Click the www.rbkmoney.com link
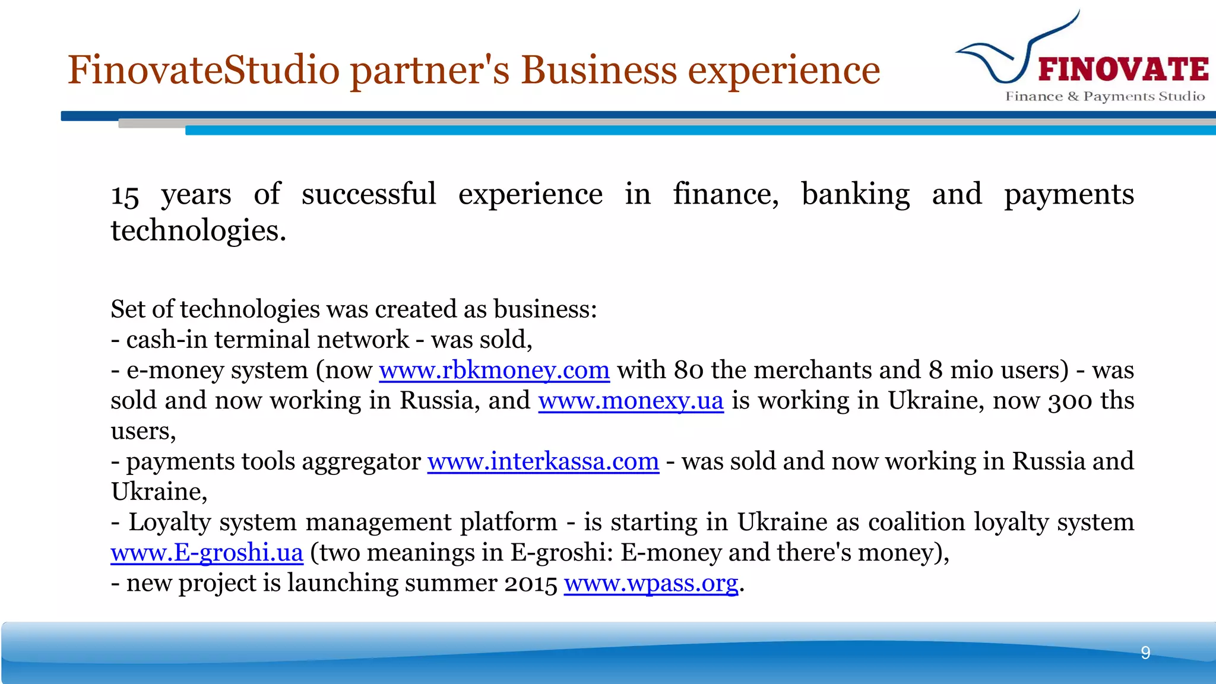494,370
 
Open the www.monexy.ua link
631,401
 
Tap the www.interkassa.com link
543,461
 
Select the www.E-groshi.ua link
207,553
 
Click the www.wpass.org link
651,583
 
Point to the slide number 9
1145,653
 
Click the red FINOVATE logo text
1123,69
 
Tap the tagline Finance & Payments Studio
1105,96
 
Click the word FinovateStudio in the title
204,70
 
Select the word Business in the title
598,70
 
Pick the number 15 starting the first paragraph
125,195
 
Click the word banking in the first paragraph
855,195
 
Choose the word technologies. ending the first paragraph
198,231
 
